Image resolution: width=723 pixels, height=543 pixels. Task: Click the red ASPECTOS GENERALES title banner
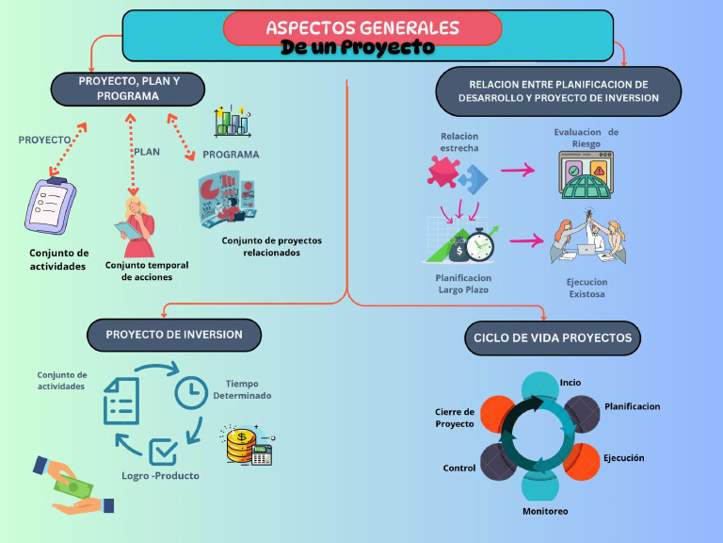coord(362,28)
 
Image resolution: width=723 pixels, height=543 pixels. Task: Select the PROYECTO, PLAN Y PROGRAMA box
coord(128,89)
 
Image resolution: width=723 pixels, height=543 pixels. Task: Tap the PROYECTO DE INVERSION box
coord(174,335)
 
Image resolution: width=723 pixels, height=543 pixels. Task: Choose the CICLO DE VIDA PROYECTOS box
coord(554,337)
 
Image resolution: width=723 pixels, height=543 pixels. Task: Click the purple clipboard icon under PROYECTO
coord(50,206)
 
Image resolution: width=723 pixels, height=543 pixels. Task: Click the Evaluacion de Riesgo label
coord(586,138)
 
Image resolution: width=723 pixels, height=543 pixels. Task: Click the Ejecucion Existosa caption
coord(586,288)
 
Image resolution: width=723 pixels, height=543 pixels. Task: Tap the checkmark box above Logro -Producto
coord(163,452)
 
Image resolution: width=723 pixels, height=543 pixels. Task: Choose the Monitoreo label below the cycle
coord(545,511)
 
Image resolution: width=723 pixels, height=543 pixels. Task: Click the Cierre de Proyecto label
coord(455,418)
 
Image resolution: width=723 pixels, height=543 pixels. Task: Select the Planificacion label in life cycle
coord(632,406)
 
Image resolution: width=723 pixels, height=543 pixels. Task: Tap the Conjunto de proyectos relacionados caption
coord(271,246)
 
